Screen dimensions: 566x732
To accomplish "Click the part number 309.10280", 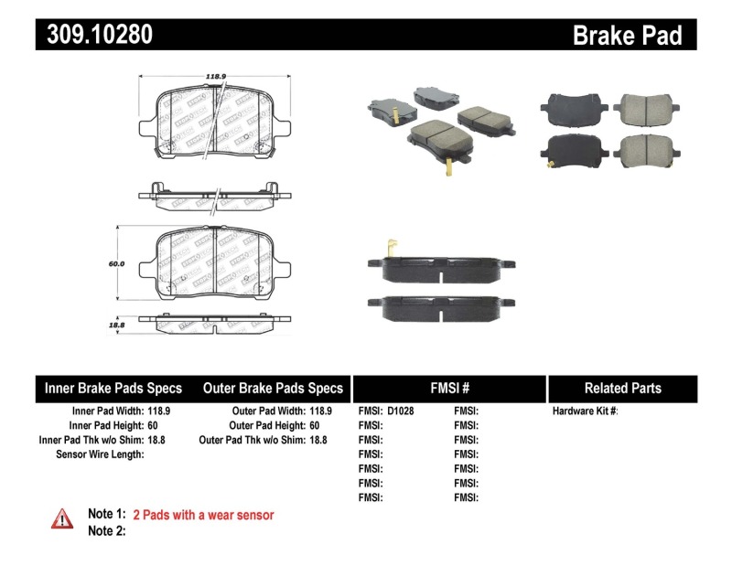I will coord(94,35).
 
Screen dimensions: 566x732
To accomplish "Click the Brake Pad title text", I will coord(628,35).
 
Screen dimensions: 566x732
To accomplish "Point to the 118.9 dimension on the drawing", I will coord(216,79).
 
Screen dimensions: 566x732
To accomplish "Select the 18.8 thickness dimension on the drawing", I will coord(115,325).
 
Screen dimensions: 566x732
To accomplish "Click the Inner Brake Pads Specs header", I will coord(113,388).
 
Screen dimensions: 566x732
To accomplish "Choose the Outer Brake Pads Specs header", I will coord(273,388).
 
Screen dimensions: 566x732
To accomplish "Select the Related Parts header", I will coord(622,388).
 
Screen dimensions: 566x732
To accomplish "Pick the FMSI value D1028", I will coord(401,411).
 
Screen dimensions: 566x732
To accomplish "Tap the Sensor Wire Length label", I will coord(100,454).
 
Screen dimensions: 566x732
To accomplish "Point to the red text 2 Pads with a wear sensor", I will coord(203,516).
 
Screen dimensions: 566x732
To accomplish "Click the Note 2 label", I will coord(106,531).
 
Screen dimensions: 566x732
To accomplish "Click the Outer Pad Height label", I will coord(267,425).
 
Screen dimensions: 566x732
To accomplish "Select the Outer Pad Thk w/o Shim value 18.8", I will coord(318,440).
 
